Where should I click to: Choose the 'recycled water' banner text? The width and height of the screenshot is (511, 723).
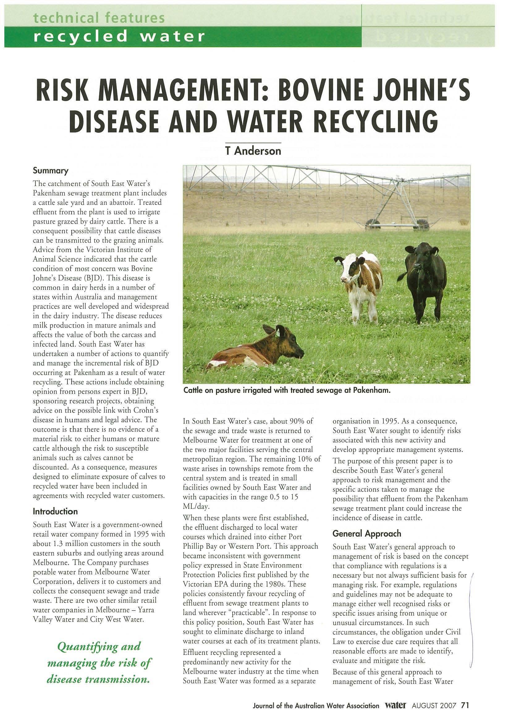(x=120, y=37)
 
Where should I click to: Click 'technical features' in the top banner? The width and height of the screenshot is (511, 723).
(x=99, y=18)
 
